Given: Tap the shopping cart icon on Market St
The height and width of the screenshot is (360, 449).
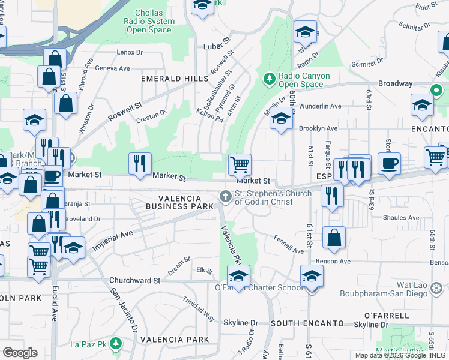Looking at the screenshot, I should [x=240, y=164].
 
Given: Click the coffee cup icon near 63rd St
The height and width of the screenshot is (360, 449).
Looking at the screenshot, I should [x=389, y=164].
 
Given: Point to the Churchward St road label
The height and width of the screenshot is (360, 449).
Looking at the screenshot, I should [x=135, y=280].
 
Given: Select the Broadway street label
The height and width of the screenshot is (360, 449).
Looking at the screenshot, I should [x=394, y=84].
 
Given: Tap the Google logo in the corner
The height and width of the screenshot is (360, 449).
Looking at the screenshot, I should [x=19, y=353].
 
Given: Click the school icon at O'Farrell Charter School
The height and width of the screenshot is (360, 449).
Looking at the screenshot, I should [x=238, y=277].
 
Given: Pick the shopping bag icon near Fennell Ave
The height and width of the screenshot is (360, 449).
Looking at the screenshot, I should [x=334, y=237].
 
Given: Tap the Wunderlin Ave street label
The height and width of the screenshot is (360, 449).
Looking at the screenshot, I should [x=320, y=106].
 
